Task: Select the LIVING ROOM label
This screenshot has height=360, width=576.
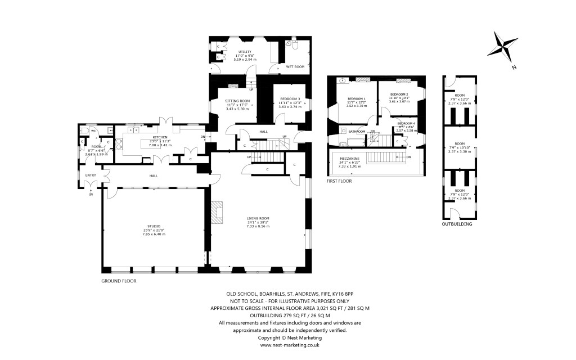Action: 258,218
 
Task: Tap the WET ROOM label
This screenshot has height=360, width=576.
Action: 295,66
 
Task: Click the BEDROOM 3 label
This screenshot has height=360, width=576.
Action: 290,99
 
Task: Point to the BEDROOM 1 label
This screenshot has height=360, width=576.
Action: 357,98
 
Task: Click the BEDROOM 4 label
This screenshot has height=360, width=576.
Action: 406,123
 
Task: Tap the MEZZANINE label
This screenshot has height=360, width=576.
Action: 349,159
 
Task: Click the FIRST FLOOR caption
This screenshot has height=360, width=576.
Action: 339,182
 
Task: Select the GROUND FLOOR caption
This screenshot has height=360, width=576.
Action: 119,280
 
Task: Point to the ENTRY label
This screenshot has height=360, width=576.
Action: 91,175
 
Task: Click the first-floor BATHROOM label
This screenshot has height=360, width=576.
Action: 357,132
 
